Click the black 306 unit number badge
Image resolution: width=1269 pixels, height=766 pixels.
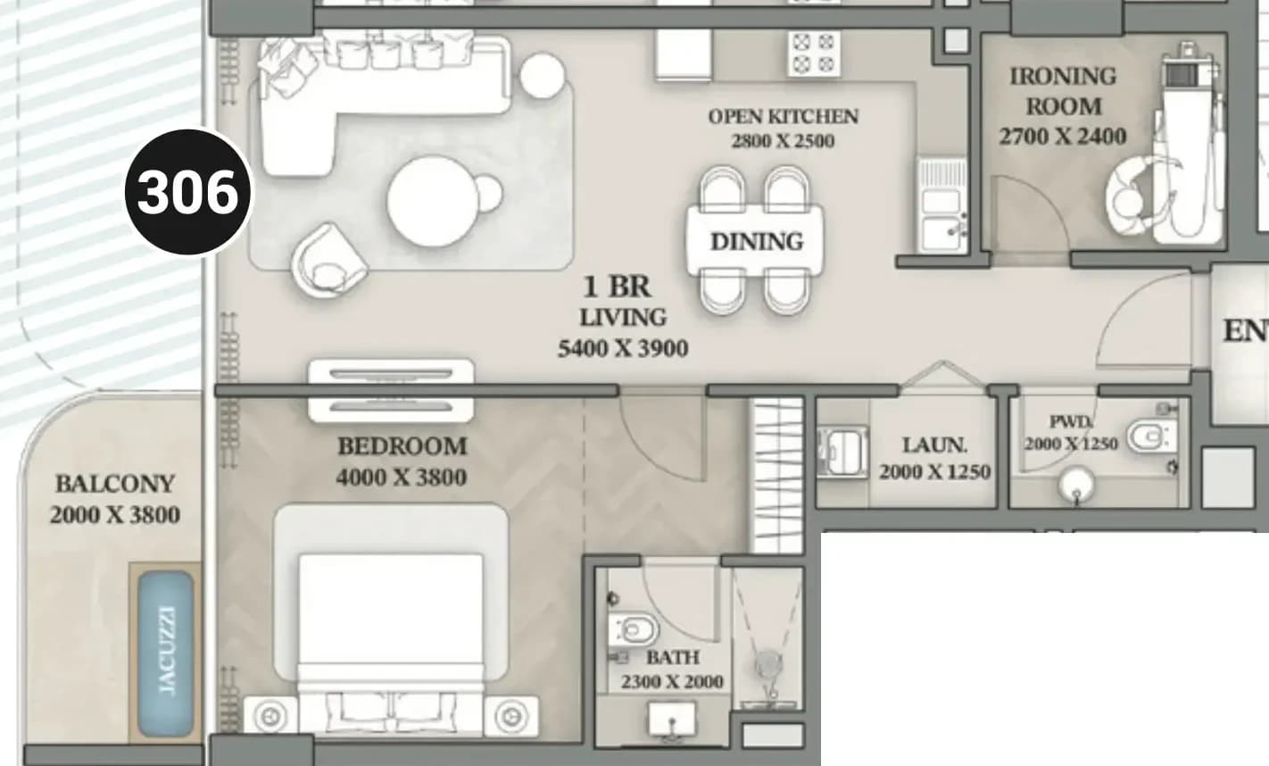[x=188, y=192]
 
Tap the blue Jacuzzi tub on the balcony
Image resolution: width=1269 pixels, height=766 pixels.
[x=166, y=654]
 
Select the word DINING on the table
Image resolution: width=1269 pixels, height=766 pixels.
[x=756, y=241]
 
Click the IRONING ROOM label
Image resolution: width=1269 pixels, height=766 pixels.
[x=1064, y=91]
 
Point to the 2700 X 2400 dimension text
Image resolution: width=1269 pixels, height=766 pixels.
[x=1063, y=137]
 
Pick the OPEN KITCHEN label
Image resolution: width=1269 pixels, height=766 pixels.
[x=784, y=117]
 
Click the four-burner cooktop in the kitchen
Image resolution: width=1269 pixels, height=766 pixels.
[x=814, y=54]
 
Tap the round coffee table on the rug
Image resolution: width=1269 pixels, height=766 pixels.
[x=434, y=202]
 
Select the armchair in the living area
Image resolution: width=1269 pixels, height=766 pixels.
[x=328, y=261]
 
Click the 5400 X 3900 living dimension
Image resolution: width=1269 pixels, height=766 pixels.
[x=623, y=348]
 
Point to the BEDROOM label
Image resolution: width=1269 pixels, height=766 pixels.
[x=402, y=446]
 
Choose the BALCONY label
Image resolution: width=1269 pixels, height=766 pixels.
[x=115, y=484]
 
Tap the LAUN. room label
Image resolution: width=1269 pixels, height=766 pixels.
[x=934, y=445]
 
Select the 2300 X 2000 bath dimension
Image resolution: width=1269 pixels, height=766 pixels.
[x=672, y=681]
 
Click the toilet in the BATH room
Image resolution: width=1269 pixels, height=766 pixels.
[x=634, y=629]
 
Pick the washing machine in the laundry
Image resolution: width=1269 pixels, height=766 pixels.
[x=843, y=452]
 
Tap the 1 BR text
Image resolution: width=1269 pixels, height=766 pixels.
[x=618, y=286]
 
